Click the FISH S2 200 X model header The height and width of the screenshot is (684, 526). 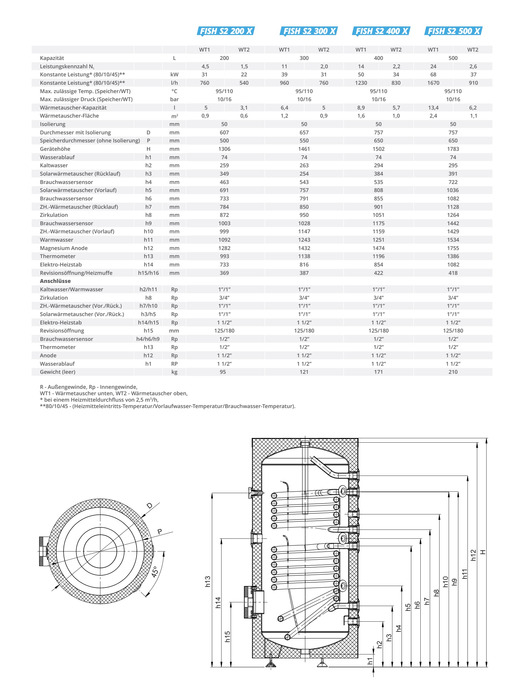pyautogui.click(x=226, y=31)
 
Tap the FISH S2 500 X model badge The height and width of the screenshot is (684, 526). pyautogui.click(x=453, y=31)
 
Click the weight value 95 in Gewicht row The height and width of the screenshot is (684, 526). pyautogui.click(x=223, y=372)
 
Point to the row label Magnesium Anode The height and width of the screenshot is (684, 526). pyautogui.click(x=64, y=248)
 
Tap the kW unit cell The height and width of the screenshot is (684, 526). pyautogui.click(x=174, y=74)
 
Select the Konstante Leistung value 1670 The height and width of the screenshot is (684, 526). pyautogui.click(x=433, y=83)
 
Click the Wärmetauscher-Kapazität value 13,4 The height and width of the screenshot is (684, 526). pyautogui.click(x=433, y=108)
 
